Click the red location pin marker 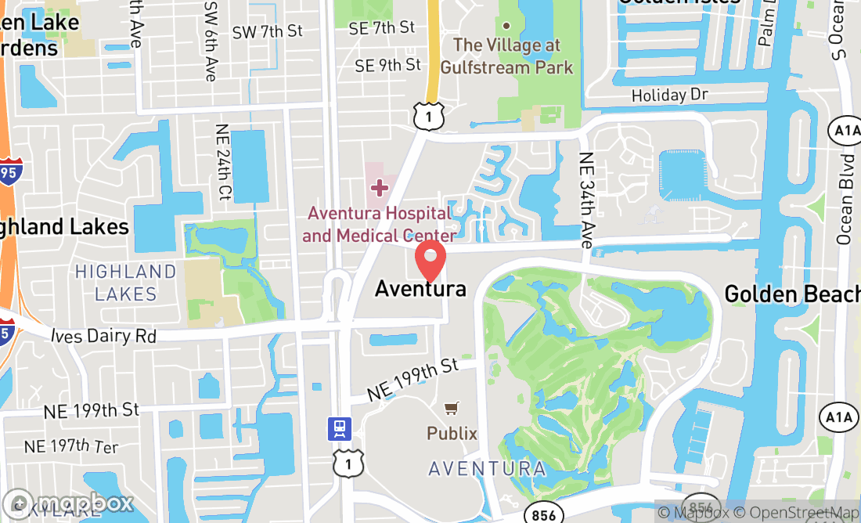[430, 261]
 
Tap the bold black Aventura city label [420, 289]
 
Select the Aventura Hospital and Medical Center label [380, 224]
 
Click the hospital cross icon [380, 188]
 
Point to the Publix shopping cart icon [452, 409]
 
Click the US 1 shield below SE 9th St [430, 115]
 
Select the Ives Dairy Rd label [103, 336]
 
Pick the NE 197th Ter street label [71, 447]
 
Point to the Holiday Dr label [669, 95]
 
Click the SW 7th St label [267, 32]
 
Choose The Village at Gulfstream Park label [506, 56]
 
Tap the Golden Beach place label [791, 294]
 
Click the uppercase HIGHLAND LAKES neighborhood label [125, 283]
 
